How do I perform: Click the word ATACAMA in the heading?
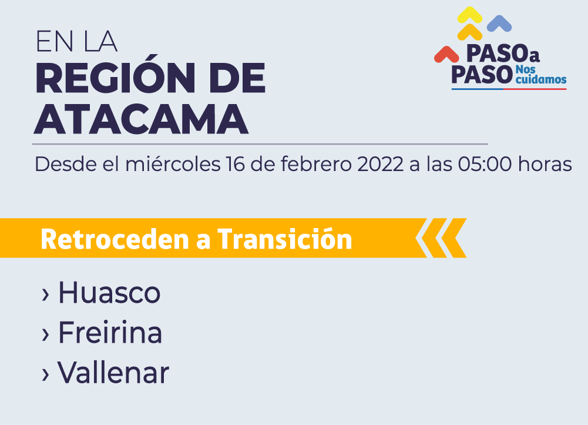tap(141, 119)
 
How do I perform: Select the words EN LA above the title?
tap(76, 41)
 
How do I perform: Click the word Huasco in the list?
tap(109, 292)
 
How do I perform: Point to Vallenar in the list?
tap(113, 373)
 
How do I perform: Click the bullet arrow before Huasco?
tap(45, 295)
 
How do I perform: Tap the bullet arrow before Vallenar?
tap(45, 374)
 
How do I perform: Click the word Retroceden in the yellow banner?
tap(115, 239)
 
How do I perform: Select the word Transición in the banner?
tap(285, 238)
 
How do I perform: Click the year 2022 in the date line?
tap(380, 165)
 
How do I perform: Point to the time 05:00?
tap(485, 165)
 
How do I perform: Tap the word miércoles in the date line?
tap(173, 165)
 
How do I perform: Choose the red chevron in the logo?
tap(446, 55)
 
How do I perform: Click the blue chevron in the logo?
tap(499, 24)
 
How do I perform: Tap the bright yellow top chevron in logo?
tap(470, 15)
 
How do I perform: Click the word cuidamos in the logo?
tap(541, 79)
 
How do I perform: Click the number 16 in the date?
tap(235, 165)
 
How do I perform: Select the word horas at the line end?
tap(545, 165)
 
